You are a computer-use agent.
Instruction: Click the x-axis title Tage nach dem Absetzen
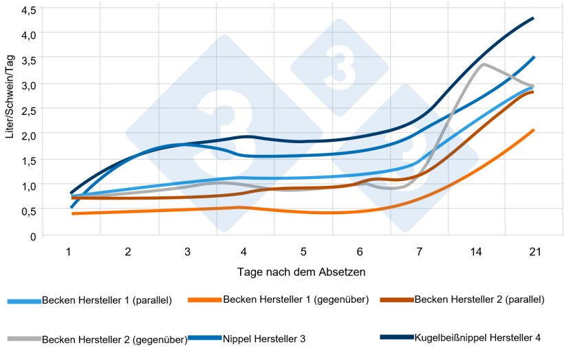coord(302,272)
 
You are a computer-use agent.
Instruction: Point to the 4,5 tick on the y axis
coord(29,10)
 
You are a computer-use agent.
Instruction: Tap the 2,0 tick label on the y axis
coord(29,136)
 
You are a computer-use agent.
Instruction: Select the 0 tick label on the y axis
coord(32,236)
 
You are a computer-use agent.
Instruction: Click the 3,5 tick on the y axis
coord(29,60)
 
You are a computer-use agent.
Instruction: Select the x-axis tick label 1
coord(69,253)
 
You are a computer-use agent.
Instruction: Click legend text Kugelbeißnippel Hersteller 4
coord(477,337)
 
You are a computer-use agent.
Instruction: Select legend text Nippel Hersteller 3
coord(264,339)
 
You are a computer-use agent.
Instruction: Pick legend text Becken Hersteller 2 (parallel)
coord(480,299)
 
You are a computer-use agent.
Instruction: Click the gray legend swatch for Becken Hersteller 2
coord(24,339)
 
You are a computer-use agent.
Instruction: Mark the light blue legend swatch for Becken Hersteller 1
coord(24,301)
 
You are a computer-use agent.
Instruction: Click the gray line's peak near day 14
coord(484,64)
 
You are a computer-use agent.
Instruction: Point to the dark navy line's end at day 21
coord(534,18)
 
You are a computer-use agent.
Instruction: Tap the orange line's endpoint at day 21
coord(534,129)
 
